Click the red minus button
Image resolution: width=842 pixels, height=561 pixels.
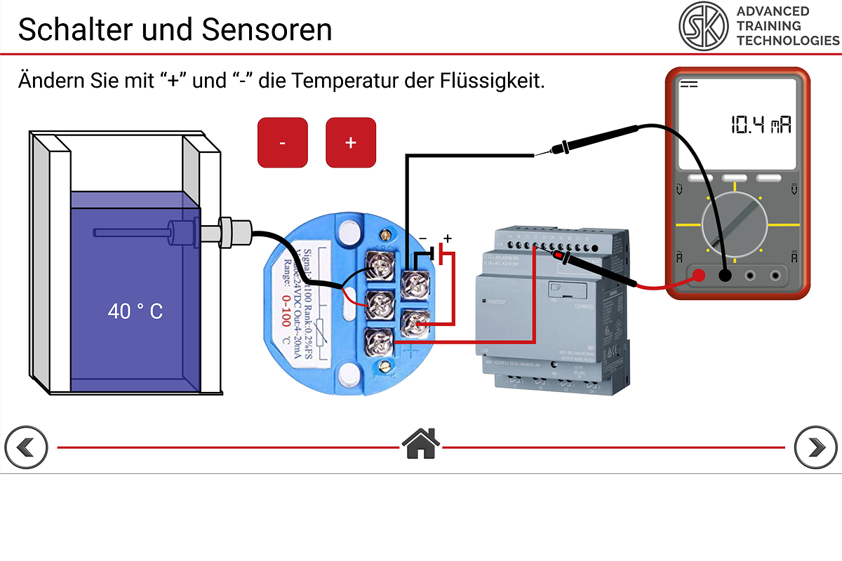(282, 142)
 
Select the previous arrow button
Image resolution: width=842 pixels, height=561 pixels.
(26, 447)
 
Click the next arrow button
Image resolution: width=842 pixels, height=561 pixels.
(815, 447)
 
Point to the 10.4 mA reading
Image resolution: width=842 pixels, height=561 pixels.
(761, 126)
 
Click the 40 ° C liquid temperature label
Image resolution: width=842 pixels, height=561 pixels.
(135, 311)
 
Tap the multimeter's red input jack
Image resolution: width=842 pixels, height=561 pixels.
(697, 276)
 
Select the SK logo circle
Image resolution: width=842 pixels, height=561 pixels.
(703, 26)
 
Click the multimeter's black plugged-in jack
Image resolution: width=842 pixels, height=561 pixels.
(725, 276)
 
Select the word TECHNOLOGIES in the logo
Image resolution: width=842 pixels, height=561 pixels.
(787, 41)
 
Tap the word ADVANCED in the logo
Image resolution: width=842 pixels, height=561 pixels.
(773, 11)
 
